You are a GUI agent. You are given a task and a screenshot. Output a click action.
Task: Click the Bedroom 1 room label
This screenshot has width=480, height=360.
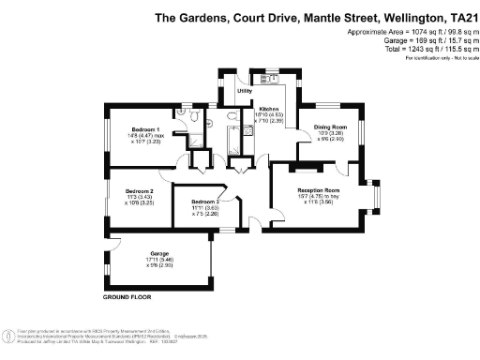click(145, 128)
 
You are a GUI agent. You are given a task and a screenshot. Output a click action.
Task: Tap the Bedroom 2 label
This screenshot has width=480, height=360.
click(139, 190)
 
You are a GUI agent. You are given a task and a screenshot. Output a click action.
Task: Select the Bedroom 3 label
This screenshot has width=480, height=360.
click(204, 202)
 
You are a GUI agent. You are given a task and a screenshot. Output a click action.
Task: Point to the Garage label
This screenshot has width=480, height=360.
click(134, 253)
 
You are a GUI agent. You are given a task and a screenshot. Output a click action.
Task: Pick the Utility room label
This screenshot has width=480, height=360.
click(244, 92)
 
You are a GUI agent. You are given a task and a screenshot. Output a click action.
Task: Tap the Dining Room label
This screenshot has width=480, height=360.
click(329, 127)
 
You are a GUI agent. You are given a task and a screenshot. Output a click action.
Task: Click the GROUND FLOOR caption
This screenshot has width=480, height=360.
click(127, 296)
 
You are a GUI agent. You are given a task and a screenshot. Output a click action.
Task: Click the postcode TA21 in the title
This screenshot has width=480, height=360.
click(459, 18)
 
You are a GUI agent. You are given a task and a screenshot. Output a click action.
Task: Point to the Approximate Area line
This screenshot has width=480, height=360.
click(407, 33)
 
